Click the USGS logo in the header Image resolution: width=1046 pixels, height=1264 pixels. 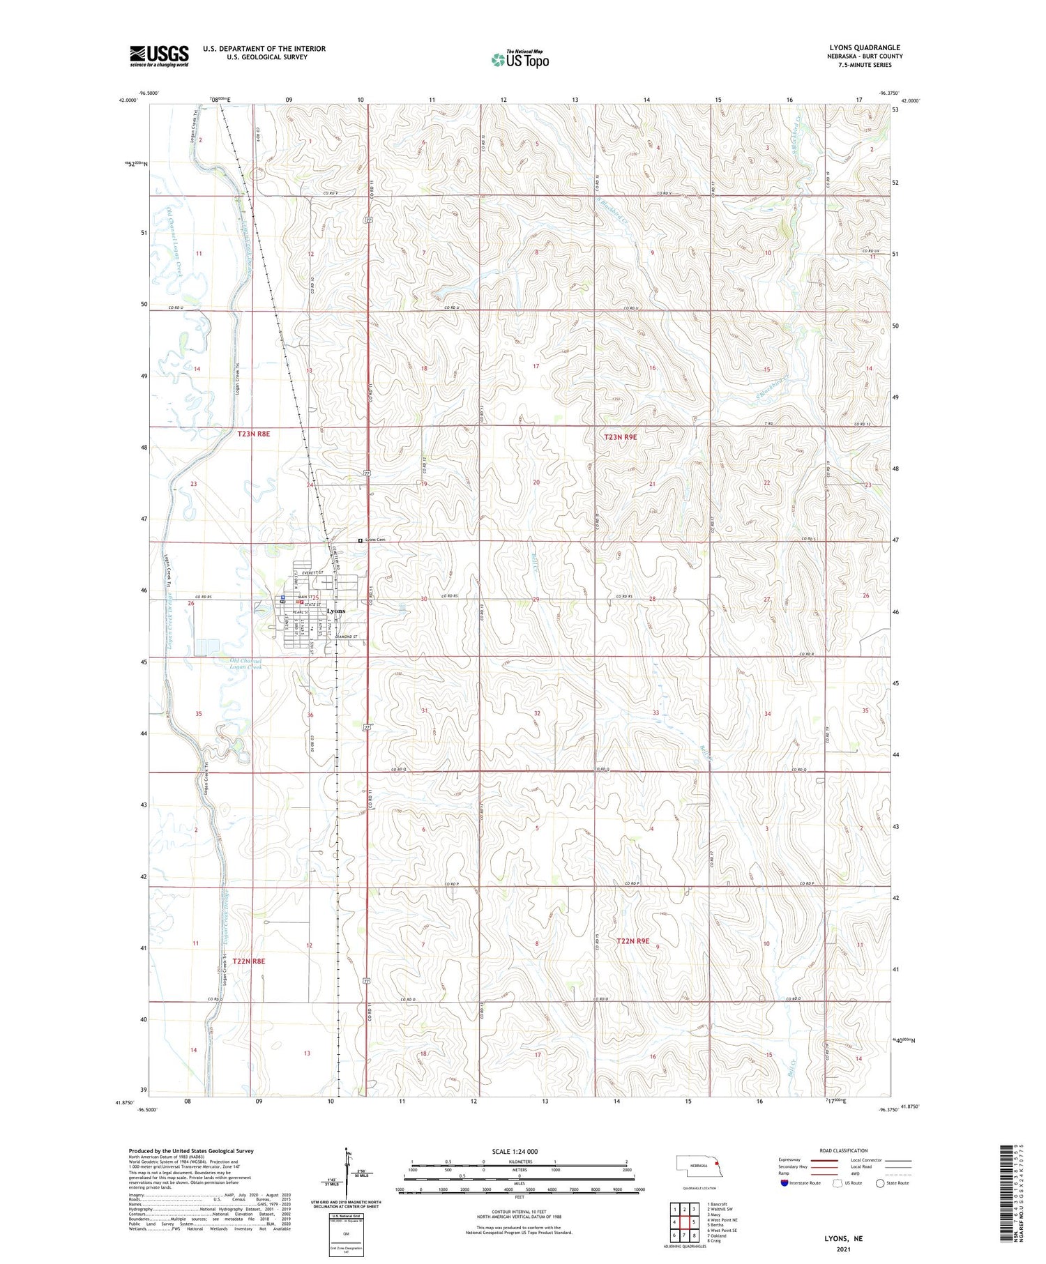(159, 56)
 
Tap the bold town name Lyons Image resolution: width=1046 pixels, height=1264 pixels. (336, 611)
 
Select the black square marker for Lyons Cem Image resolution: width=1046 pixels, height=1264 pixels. (361, 540)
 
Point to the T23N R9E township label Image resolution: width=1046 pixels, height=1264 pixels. (620, 437)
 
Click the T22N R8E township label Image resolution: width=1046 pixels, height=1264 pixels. (249, 961)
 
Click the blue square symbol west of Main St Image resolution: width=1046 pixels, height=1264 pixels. (282, 597)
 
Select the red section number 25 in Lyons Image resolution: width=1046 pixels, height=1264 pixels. (315, 597)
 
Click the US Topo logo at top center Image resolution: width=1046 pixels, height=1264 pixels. (520, 59)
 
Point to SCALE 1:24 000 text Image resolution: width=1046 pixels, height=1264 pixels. (515, 1151)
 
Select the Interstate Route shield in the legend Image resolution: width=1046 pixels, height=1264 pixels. (784, 1183)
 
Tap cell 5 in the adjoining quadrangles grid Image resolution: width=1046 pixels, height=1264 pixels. (694, 1221)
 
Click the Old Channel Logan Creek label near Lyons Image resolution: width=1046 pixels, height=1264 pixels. (245, 664)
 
